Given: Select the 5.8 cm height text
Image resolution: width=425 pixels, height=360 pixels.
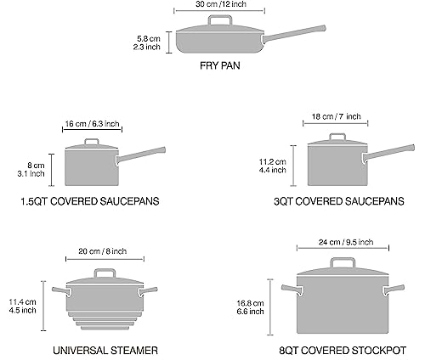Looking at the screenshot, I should click(149, 38).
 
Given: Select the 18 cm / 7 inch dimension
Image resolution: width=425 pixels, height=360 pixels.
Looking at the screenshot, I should click(337, 116).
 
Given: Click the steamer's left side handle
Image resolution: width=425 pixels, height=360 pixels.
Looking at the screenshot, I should click(59, 290).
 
